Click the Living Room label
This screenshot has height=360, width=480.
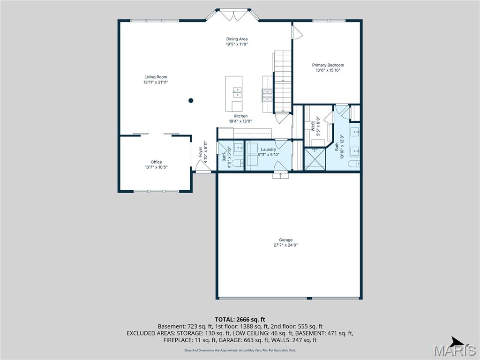pyautogui.click(x=156, y=77)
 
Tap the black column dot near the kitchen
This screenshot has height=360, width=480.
pyautogui.click(x=191, y=100)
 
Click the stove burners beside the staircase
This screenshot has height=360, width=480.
pyautogui.click(x=267, y=96)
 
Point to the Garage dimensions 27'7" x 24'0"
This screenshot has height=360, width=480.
pyautogui.click(x=286, y=245)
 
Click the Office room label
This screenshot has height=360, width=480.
pyautogui.click(x=156, y=162)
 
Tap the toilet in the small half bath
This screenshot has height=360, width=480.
pyautogui.click(x=237, y=163)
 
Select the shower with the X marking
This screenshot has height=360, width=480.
pyautogui.click(x=315, y=159)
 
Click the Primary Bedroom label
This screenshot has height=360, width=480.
pyautogui.click(x=328, y=65)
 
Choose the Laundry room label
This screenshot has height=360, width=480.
pyautogui.click(x=268, y=150)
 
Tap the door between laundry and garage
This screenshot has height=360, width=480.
pyautogui.click(x=280, y=175)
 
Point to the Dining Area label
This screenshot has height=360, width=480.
pyautogui.click(x=237, y=39)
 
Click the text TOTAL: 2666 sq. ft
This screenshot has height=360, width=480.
pyautogui.click(x=240, y=319)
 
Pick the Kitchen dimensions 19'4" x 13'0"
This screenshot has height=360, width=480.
pyautogui.click(x=240, y=121)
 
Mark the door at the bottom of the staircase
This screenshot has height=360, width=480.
pyautogui.click(x=282, y=118)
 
